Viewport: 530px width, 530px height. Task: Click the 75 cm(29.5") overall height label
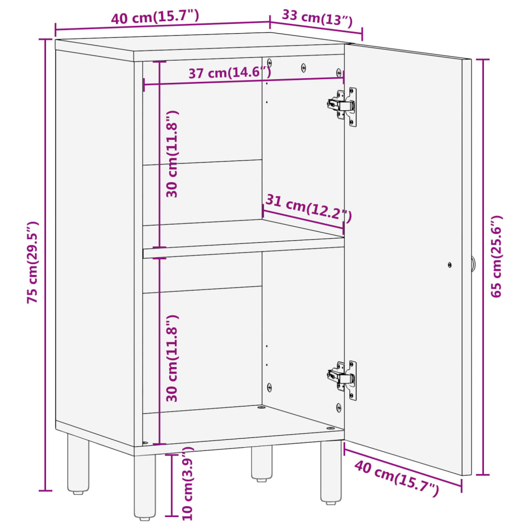click(33, 262)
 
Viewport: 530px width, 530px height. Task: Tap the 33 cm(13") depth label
click(317, 19)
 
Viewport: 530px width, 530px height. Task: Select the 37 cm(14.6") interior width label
click(229, 72)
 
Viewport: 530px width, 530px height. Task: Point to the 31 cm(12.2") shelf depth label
click(308, 208)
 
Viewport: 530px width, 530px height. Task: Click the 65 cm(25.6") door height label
click(496, 256)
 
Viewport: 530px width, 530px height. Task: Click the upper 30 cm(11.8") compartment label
click(172, 154)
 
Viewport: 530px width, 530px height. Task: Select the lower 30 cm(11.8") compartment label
click(172, 358)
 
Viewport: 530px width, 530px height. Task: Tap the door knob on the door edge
click(473, 263)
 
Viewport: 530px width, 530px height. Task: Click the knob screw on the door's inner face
click(450, 265)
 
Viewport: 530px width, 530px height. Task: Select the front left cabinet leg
click(145, 486)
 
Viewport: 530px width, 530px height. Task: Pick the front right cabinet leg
click(331, 472)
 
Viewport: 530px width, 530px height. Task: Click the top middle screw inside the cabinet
click(303, 68)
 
